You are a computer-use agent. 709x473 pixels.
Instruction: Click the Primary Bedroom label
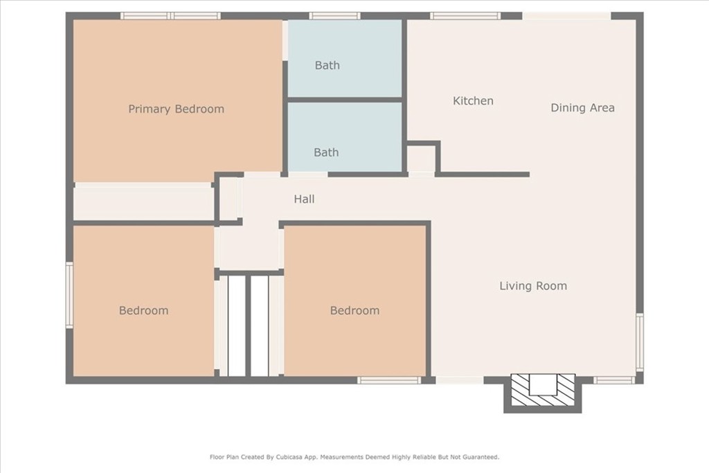click(176, 109)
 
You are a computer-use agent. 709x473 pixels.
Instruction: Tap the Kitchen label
click(473, 100)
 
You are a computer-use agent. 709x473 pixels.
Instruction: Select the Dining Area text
click(582, 107)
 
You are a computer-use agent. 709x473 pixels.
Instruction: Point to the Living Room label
click(533, 286)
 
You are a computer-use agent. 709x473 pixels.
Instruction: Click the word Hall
click(305, 199)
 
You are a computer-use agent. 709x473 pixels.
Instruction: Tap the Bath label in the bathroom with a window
click(327, 65)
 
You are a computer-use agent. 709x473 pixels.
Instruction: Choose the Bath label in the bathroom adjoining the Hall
click(327, 152)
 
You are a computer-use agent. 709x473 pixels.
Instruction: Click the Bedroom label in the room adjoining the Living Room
click(355, 310)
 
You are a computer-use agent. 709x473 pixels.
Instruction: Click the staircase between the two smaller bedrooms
click(249, 326)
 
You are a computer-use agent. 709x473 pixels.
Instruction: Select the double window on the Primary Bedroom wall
click(170, 16)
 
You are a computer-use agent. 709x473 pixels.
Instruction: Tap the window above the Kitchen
click(465, 16)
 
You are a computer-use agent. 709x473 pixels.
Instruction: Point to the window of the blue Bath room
click(334, 16)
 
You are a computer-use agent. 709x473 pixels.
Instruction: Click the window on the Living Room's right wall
click(639, 342)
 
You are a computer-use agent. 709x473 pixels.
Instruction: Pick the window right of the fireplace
click(614, 380)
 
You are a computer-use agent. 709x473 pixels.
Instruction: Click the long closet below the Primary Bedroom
click(143, 202)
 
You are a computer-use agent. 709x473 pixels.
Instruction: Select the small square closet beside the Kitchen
click(422, 159)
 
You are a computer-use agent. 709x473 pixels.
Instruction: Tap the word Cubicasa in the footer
click(290, 457)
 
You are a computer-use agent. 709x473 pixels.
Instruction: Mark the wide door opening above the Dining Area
click(567, 16)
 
